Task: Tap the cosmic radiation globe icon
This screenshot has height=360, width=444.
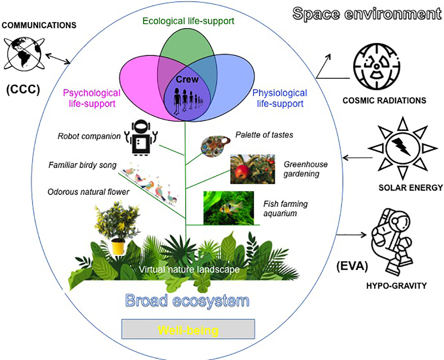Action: tap(377, 66)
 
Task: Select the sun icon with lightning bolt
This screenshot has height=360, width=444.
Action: tap(402, 148)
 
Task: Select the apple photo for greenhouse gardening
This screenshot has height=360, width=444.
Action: tap(253, 169)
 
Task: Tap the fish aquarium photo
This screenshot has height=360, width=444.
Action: tap(228, 208)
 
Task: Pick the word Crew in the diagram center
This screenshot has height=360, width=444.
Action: tap(187, 80)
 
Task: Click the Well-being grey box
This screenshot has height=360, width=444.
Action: tap(188, 329)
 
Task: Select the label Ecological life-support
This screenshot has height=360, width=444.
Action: tap(188, 21)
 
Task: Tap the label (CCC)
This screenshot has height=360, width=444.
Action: tap(23, 89)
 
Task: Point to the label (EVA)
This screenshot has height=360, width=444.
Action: tap(352, 265)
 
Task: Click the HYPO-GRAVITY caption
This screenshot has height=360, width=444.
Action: tap(396, 286)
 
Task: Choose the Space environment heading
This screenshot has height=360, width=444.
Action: tap(367, 14)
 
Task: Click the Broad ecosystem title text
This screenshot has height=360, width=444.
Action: tap(187, 301)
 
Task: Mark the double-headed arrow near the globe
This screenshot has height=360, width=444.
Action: tap(58, 59)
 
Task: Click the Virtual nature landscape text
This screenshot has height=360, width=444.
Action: tap(189, 269)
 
